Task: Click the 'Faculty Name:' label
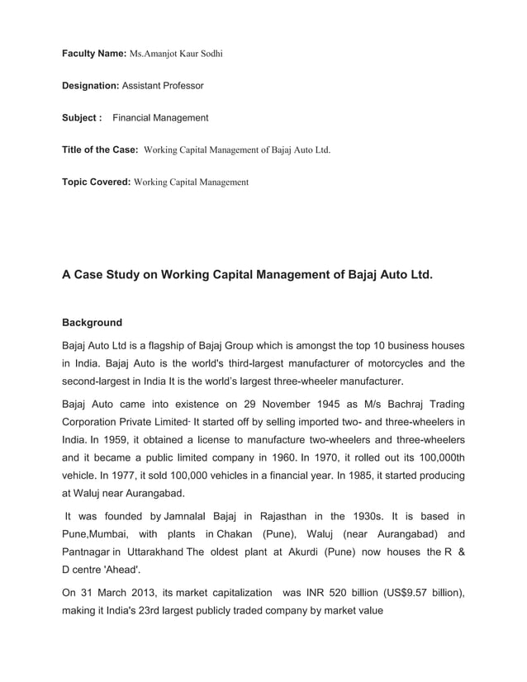93,54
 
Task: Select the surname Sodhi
210,54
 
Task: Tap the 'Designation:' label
91,85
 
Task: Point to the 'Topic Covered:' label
96,181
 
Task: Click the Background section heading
92,323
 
